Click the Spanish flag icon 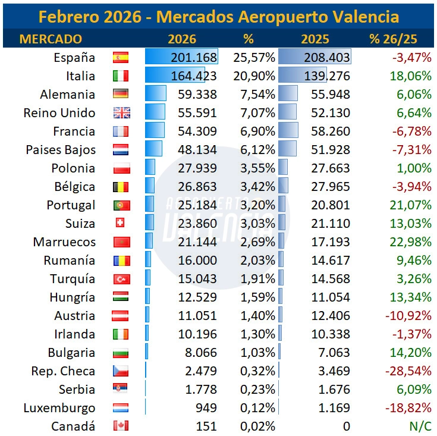pos(121,58)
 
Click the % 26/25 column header pos(393,39)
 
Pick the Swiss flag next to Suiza pos(120,223)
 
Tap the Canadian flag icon pos(121,426)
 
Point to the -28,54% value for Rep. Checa pos(407,371)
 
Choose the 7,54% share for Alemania pos(257,95)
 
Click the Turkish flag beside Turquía pos(121,279)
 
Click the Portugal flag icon pos(121,205)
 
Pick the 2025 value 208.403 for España pos(325,58)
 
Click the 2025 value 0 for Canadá pos(346,426)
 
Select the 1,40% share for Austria pos(257,316)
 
